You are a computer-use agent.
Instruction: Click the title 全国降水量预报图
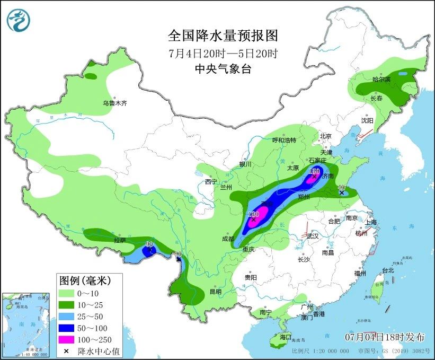pyautogui.click(x=223, y=36)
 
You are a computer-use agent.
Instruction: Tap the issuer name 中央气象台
pyautogui.click(x=223, y=68)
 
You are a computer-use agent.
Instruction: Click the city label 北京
pyautogui.click(x=325, y=136)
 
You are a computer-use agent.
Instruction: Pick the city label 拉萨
pyautogui.click(x=120, y=240)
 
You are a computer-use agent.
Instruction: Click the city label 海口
pyautogui.click(x=286, y=337)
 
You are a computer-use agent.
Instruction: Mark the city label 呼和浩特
pyautogui.click(x=283, y=141)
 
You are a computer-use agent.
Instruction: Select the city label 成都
pyautogui.click(x=228, y=239)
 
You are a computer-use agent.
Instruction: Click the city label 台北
pyautogui.click(x=388, y=270)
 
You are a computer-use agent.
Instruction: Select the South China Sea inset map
pyautogui.click(x=24, y=323)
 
